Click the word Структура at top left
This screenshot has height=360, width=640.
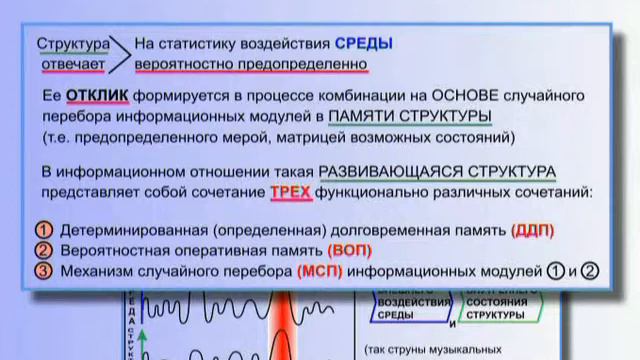pos(72,44)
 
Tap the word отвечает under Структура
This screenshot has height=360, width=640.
pos(72,65)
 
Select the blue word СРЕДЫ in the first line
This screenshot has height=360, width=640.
pos(363,44)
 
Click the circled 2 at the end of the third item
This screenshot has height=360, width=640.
pos(589,270)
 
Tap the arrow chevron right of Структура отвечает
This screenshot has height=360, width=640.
pos(120,54)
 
